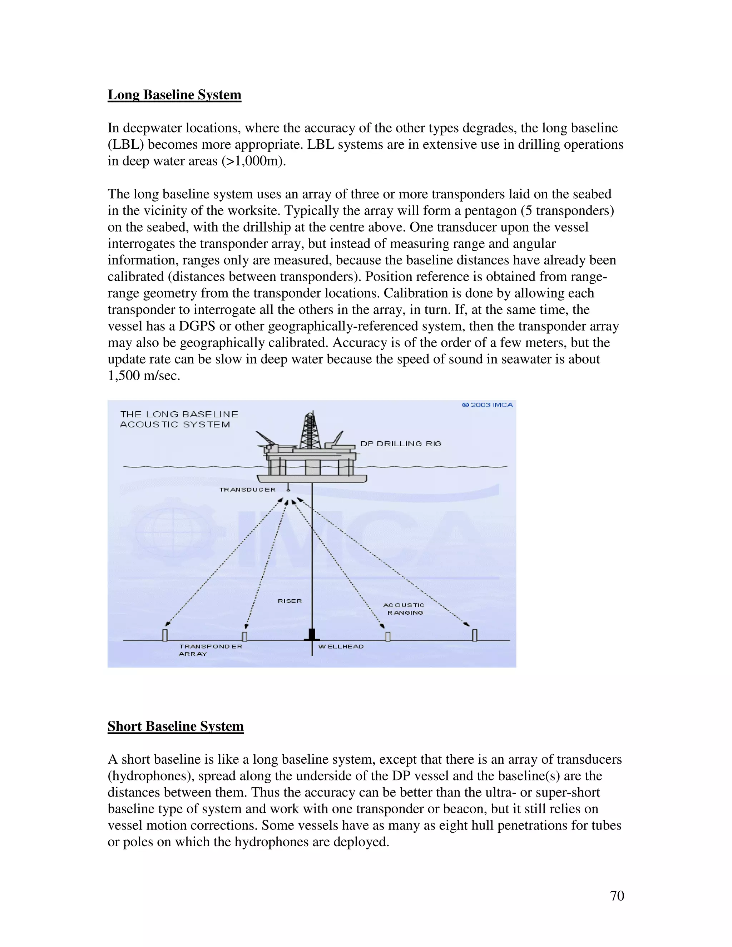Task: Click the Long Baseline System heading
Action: click(x=174, y=95)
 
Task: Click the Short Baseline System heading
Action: click(x=175, y=726)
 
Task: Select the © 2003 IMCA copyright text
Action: click(x=488, y=405)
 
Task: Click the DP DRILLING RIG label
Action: click(x=401, y=443)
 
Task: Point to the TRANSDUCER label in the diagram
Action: click(x=247, y=490)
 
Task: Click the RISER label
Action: click(x=290, y=601)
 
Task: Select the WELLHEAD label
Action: click(x=341, y=646)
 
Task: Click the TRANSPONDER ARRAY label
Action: click(x=210, y=650)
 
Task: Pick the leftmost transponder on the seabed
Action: click(x=165, y=635)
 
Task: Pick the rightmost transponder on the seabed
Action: click(x=475, y=635)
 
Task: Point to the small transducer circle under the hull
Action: click(x=288, y=490)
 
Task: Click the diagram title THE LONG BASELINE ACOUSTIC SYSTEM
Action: click(x=179, y=419)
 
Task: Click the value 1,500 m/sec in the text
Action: click(x=144, y=376)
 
